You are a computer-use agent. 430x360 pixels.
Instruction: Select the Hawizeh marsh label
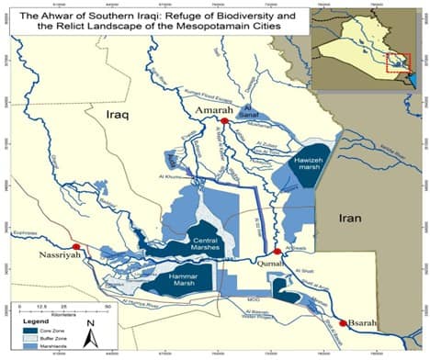click(309, 163)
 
